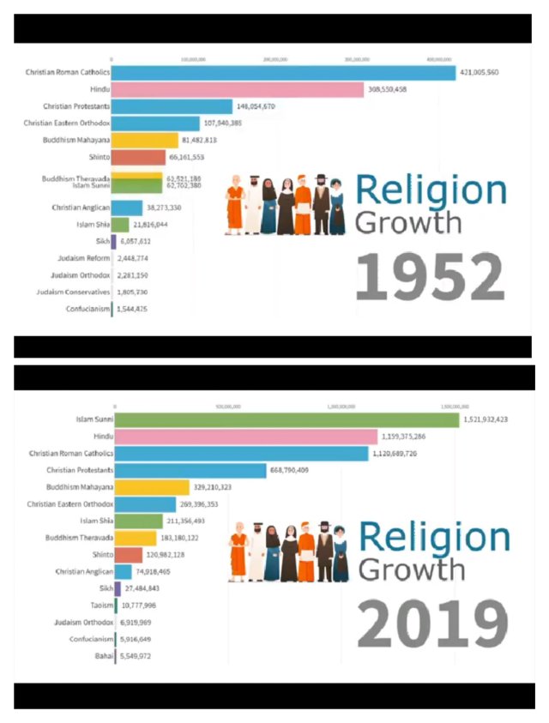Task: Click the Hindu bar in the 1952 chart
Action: [238, 89]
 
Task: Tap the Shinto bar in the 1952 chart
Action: [138, 158]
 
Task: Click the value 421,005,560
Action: [480, 73]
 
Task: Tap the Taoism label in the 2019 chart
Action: [97, 606]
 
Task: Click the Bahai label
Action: [101, 656]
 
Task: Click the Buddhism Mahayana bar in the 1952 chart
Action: [144, 141]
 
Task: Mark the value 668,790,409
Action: [294, 470]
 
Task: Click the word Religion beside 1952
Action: [431, 190]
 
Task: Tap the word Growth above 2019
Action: [412, 569]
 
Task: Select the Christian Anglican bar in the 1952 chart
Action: [127, 208]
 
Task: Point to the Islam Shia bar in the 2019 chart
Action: [138, 521]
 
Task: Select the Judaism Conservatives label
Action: [74, 292]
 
